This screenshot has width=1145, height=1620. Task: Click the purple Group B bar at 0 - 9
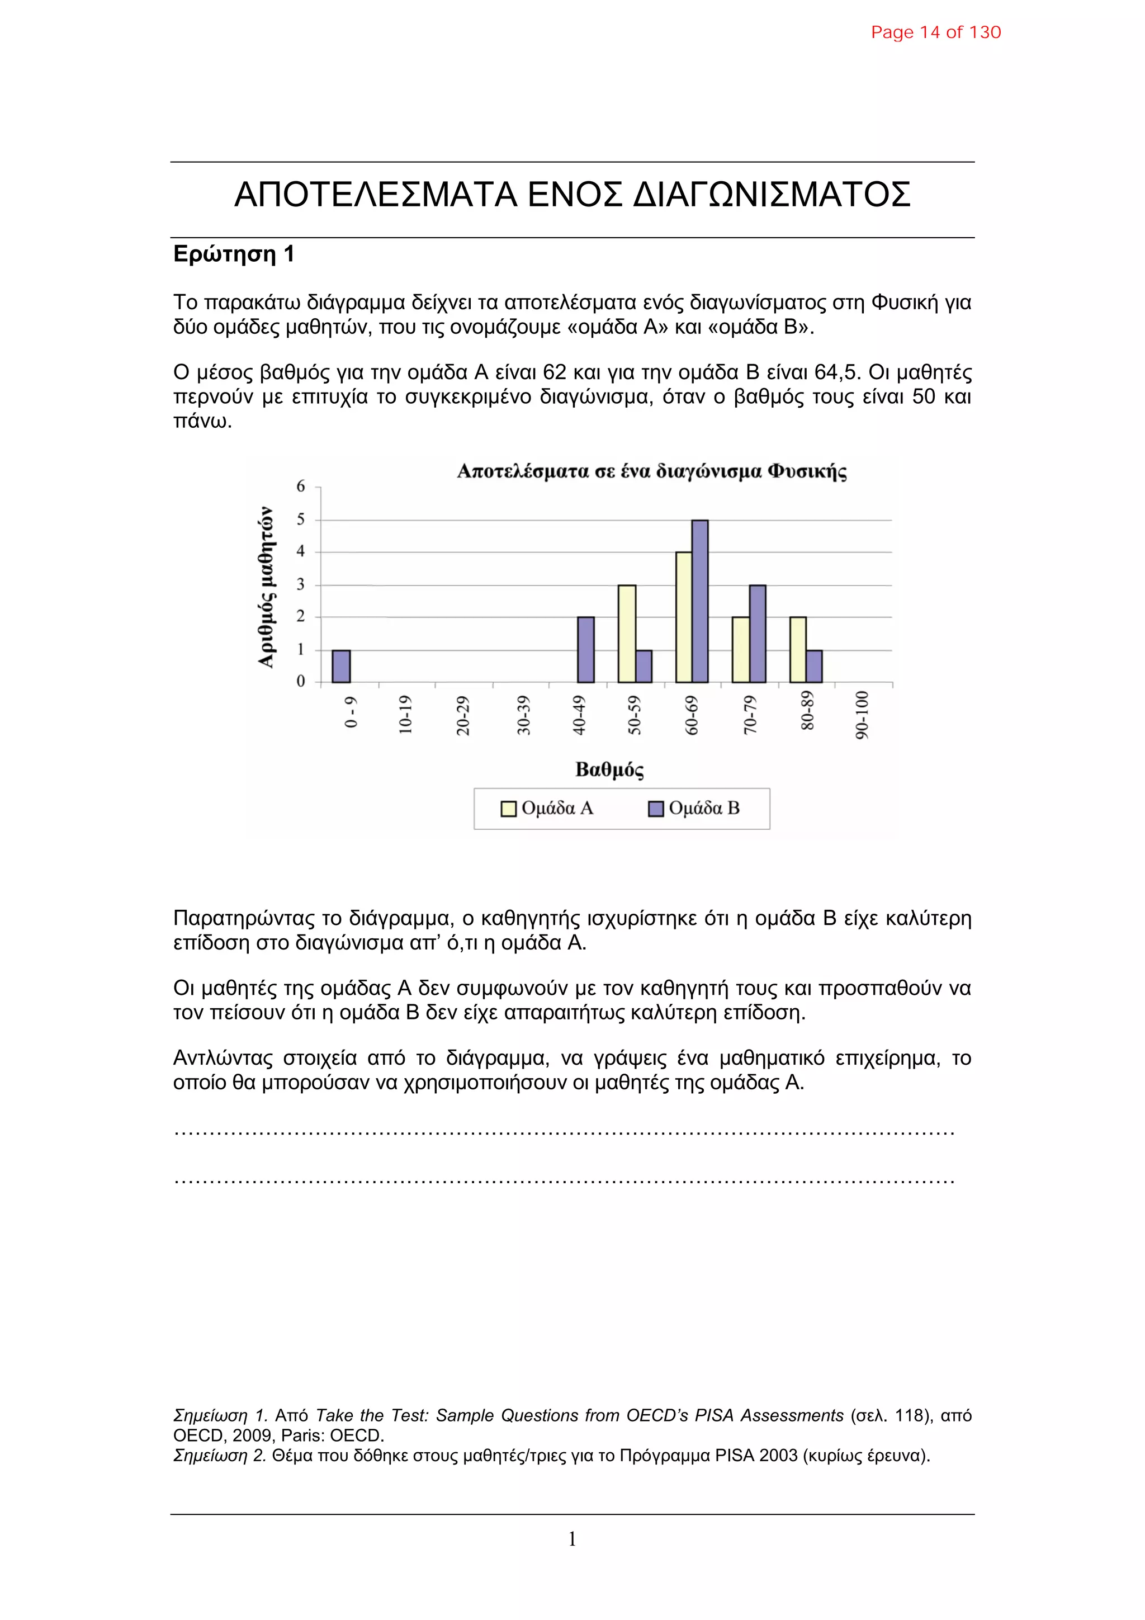[340, 666]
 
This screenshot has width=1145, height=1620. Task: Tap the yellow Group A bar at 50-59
[627, 633]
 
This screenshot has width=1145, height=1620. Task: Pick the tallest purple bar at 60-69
[699, 601]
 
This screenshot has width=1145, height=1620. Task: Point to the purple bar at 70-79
[757, 633]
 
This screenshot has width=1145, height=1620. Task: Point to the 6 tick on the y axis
[301, 486]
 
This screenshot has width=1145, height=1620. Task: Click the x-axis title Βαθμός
[609, 770]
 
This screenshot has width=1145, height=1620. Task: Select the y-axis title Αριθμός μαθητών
[266, 587]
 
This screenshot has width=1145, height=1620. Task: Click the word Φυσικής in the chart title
[807, 471]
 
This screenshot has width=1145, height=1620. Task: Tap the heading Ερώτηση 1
[234, 254]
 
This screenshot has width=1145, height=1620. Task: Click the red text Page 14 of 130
[935, 32]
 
